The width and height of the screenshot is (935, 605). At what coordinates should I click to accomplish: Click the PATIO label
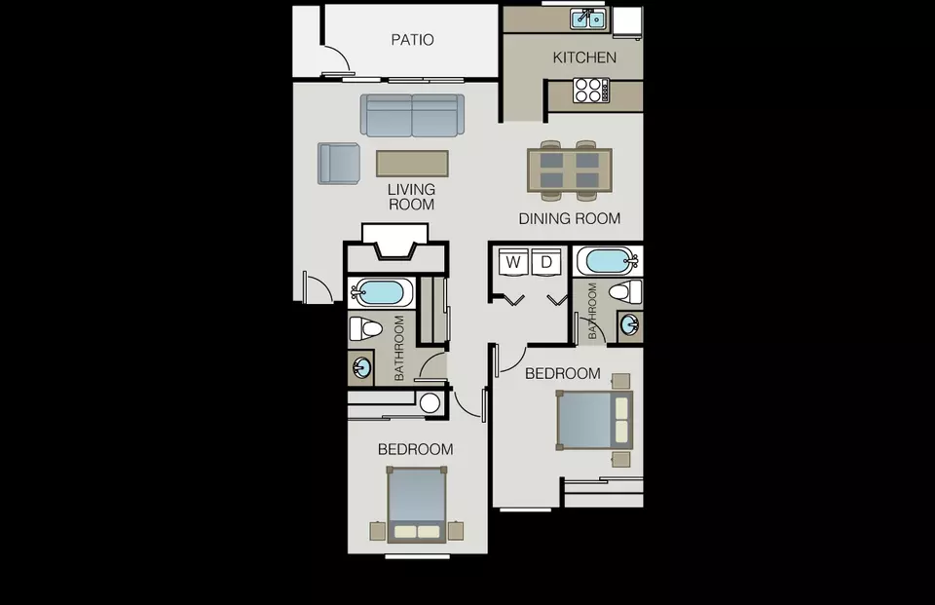point(412,40)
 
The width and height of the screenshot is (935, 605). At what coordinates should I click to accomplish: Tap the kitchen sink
point(588,19)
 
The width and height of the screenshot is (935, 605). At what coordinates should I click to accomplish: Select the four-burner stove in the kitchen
point(591,90)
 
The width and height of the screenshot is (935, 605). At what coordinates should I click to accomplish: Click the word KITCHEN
point(584,57)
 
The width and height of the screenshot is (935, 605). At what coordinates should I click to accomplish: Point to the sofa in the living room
point(412,115)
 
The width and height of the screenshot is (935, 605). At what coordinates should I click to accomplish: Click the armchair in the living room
point(339,164)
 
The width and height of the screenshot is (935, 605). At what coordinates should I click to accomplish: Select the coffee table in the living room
point(412,164)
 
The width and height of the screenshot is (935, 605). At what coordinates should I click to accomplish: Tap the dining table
point(570,170)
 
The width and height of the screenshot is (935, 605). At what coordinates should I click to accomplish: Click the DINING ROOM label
point(570,219)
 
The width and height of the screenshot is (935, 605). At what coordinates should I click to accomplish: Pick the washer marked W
point(513,261)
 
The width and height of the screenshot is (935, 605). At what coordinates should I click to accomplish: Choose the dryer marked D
point(546,261)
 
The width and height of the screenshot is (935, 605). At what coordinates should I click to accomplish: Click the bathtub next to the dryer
point(608,261)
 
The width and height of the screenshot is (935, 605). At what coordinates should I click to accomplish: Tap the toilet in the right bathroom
point(625,292)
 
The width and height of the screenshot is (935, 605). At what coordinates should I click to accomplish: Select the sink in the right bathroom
point(630,325)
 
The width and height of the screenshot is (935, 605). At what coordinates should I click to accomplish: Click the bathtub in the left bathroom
point(381,293)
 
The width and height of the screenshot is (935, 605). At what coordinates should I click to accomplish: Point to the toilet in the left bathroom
point(365,328)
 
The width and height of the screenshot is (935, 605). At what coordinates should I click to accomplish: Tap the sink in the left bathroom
point(360,367)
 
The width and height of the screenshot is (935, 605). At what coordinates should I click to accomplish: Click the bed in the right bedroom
point(594,420)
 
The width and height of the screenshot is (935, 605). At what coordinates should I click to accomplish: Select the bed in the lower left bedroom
point(417,505)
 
